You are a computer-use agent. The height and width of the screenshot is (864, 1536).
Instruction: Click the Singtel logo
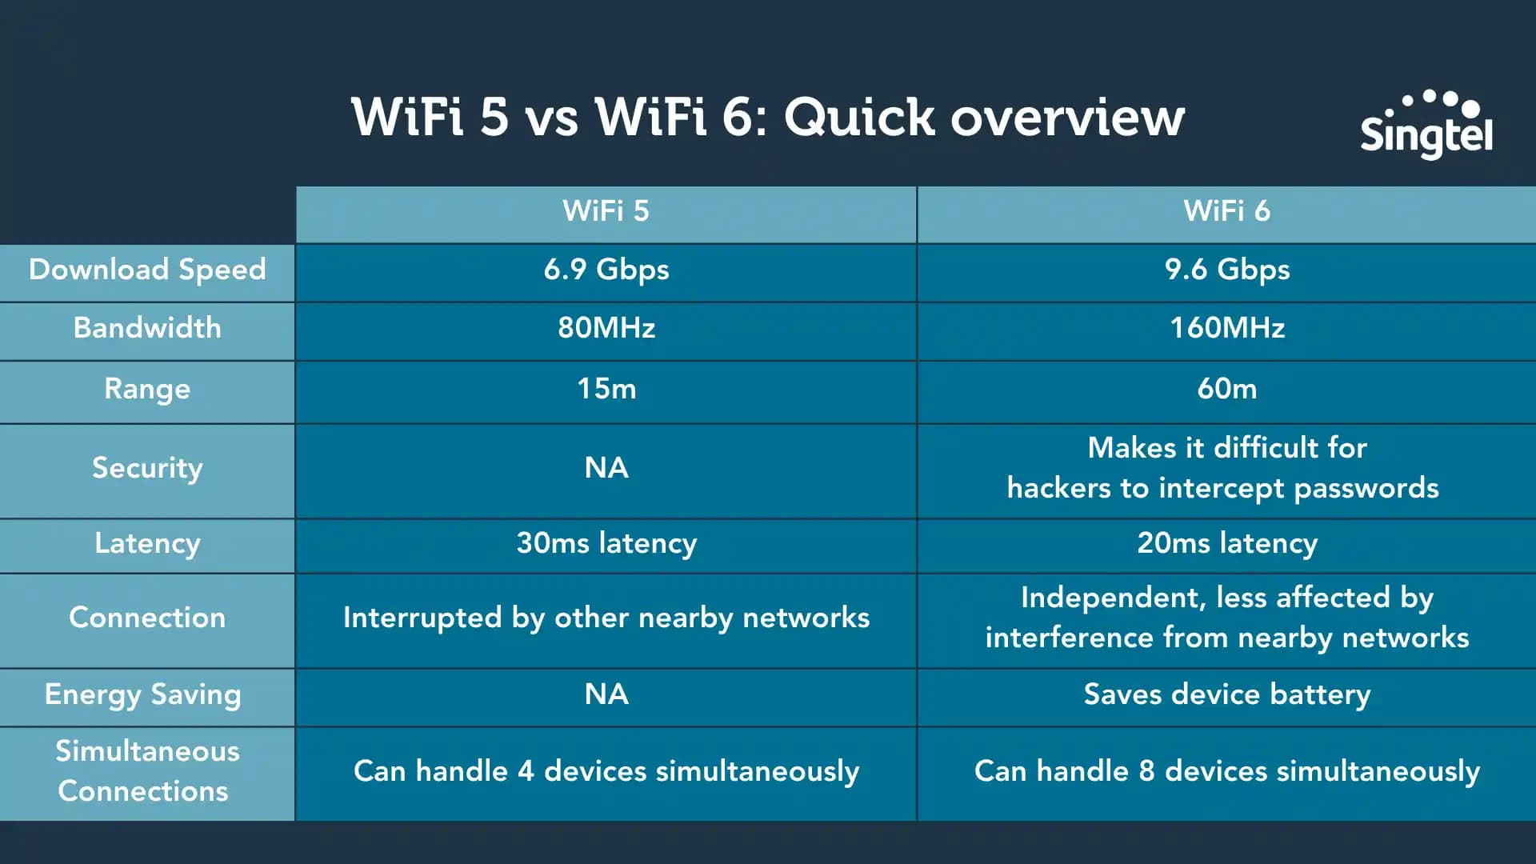[1426, 126]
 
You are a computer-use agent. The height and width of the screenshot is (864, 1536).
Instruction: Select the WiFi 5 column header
[606, 211]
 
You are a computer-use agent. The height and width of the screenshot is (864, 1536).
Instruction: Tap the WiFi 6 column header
[1226, 211]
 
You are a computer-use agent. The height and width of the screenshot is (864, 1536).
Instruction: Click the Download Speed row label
[147, 270]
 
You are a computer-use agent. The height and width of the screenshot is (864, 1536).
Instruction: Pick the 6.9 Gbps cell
[606, 270]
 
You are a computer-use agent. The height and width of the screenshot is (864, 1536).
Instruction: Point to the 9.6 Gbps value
[1226, 270]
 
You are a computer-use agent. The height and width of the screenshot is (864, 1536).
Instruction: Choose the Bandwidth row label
[147, 328]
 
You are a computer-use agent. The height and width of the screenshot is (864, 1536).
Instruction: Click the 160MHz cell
[1226, 328]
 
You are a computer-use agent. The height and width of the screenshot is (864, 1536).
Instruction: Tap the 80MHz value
[606, 328]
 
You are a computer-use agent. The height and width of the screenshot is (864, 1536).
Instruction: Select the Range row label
[147, 389]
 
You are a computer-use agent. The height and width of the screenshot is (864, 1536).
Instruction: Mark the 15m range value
[606, 389]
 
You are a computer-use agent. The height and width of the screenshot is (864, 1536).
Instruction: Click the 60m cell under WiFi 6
[1226, 389]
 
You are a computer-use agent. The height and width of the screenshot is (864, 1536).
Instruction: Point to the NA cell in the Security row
[606, 468]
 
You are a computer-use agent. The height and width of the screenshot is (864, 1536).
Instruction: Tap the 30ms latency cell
[606, 543]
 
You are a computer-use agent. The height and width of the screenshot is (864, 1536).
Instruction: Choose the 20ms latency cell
[1226, 543]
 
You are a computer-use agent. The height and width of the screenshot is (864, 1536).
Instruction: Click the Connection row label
[147, 618]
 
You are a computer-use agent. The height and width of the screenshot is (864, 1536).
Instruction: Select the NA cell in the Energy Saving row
[606, 694]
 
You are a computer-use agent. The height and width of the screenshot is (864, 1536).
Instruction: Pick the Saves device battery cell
[1226, 694]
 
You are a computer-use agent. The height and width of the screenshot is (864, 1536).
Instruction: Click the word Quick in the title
[858, 118]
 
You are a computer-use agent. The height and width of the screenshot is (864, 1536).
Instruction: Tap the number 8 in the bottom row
[1146, 771]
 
